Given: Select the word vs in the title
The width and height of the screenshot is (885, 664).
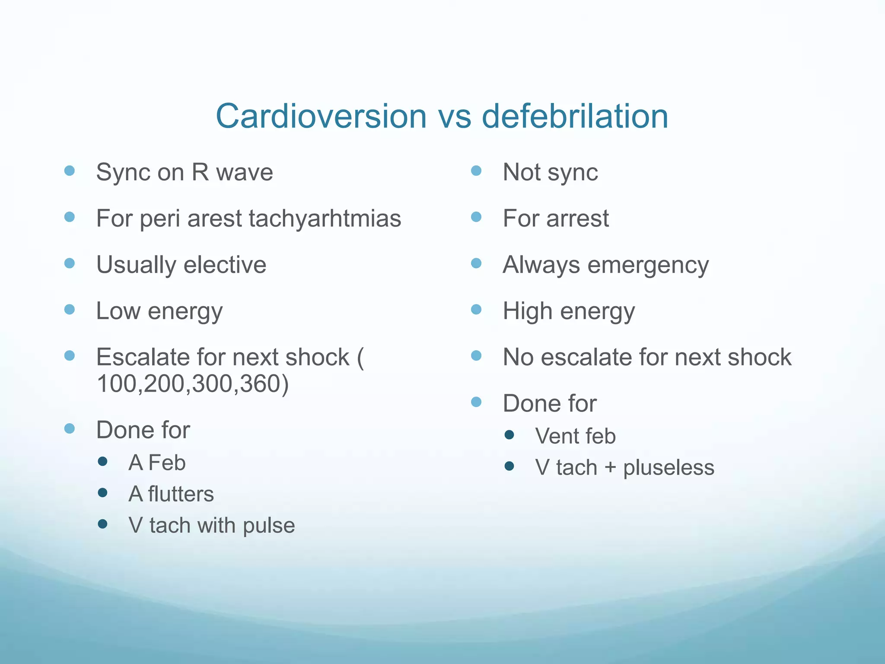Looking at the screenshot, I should tap(454, 117).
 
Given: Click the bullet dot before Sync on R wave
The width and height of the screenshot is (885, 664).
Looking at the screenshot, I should tap(69, 170).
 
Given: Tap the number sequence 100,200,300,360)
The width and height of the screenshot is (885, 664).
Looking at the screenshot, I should tap(193, 383).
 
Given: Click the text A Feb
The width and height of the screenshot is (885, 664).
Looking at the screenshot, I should tap(157, 463).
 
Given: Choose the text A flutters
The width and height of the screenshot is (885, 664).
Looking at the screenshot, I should tap(171, 494).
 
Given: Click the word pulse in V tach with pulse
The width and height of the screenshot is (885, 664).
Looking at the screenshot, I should tap(269, 526).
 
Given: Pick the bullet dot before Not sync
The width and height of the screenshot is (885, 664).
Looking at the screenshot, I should tap(476, 170).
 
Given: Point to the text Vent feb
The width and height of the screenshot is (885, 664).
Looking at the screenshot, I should tap(575, 436).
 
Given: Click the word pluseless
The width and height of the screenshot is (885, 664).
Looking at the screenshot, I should tap(669, 467).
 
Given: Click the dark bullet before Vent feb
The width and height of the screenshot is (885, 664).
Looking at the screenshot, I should tap(509, 434).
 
